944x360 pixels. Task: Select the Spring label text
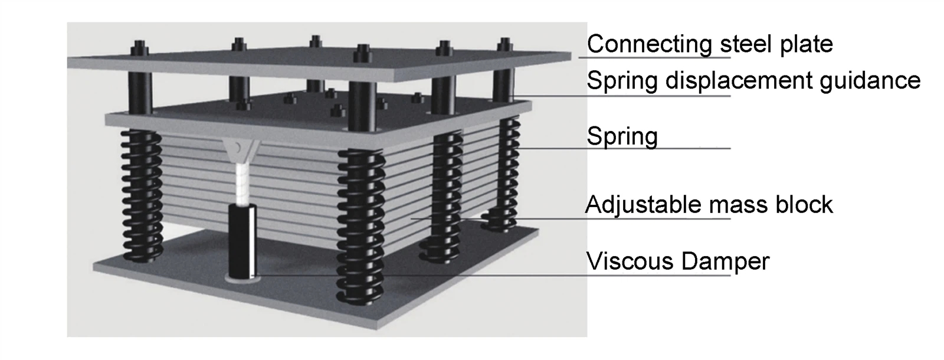(622, 137)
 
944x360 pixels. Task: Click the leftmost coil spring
(142, 195)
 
